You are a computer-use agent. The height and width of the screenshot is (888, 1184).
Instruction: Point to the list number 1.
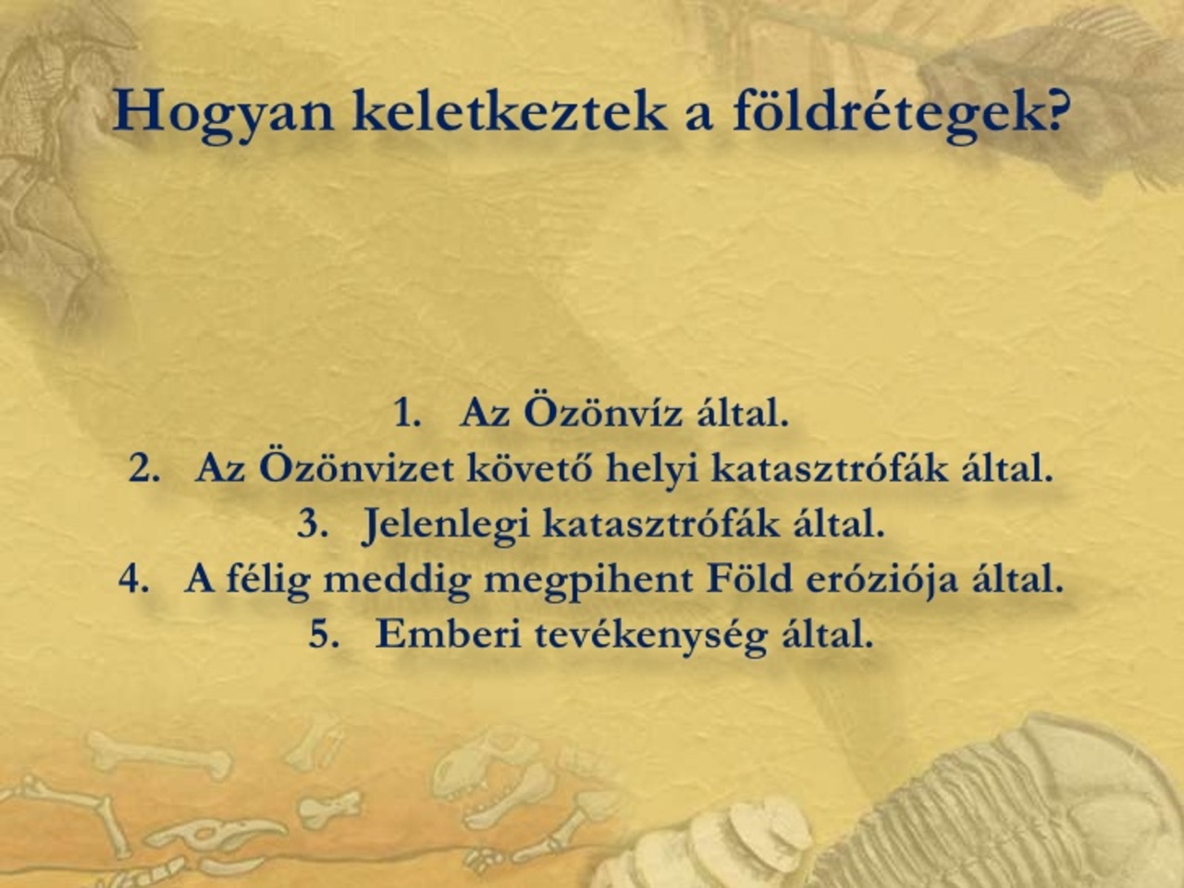click(407, 413)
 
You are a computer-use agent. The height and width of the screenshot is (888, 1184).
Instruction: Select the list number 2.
click(144, 469)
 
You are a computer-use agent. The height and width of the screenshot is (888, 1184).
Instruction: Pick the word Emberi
click(449, 633)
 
